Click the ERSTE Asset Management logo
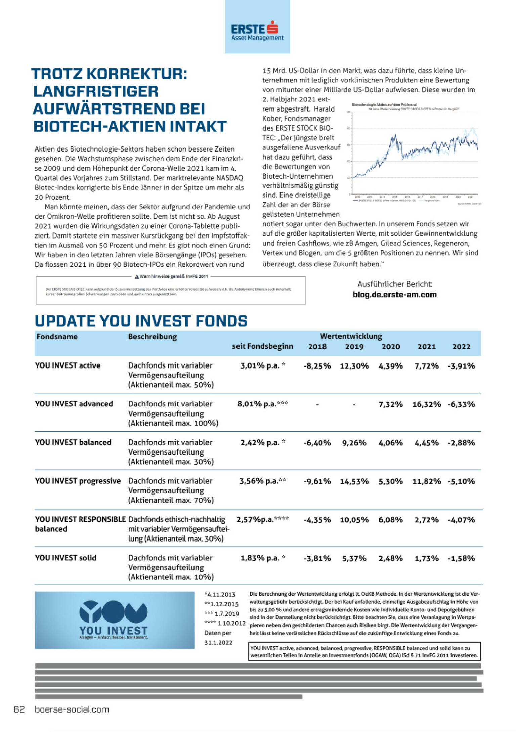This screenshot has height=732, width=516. pos(257,31)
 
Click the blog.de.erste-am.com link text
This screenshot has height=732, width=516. pos(394,295)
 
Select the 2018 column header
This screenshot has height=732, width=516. pos(317,347)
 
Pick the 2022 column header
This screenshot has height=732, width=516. pos(461,347)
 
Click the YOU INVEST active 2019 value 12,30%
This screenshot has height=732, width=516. pos(354,366)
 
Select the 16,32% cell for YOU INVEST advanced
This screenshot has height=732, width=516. pos(426,404)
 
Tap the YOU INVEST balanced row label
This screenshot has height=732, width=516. pos(73,442)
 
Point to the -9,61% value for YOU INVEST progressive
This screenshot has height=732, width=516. pos(317,481)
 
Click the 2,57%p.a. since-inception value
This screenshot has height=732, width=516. pos(255,520)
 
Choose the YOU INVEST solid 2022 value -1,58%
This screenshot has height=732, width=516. pos(461,558)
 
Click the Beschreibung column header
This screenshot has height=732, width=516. pos(152,337)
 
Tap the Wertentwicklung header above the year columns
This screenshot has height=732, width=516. pos(351,336)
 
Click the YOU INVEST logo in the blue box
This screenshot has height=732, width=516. pos(114,620)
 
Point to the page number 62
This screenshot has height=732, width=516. pos(19,709)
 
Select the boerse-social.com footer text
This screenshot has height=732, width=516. pos(72,709)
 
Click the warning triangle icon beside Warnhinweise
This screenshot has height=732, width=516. pos(137,277)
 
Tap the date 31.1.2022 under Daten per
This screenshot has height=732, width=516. pos(218,643)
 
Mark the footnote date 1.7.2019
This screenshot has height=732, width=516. pos(227,614)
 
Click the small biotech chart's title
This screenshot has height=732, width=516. pos(384,105)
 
